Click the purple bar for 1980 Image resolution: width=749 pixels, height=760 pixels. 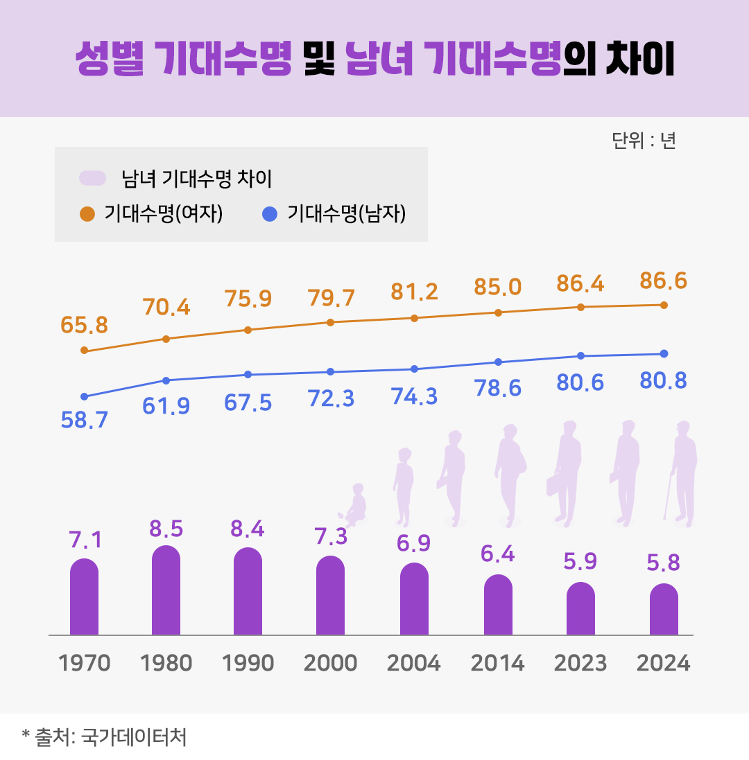click(166, 590)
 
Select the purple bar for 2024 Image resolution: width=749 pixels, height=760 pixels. click(664, 609)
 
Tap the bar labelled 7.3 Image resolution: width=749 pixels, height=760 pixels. click(330, 595)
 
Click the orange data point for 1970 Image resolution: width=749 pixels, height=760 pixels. click(85, 351)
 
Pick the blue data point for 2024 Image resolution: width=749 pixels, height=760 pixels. click(664, 354)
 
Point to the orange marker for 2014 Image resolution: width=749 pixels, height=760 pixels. click(498, 312)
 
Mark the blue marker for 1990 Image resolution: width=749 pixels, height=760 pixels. click(248, 375)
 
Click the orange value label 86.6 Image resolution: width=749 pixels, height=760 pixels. click(663, 281)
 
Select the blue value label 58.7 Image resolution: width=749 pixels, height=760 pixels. click(85, 421)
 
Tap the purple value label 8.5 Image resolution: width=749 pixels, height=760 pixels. click(166, 529)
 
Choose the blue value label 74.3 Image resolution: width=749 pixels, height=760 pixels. click(414, 397)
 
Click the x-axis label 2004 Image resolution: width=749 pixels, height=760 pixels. click(414, 663)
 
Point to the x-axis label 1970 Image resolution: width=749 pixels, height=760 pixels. click(85, 663)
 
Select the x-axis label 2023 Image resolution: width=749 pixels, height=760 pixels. click(580, 663)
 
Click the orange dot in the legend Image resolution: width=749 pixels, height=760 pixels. click(87, 214)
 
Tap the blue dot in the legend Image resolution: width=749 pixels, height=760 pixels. click(270, 214)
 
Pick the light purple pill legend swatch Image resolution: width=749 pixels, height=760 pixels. click(93, 178)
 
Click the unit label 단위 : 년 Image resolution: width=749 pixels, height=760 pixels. click(644, 141)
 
